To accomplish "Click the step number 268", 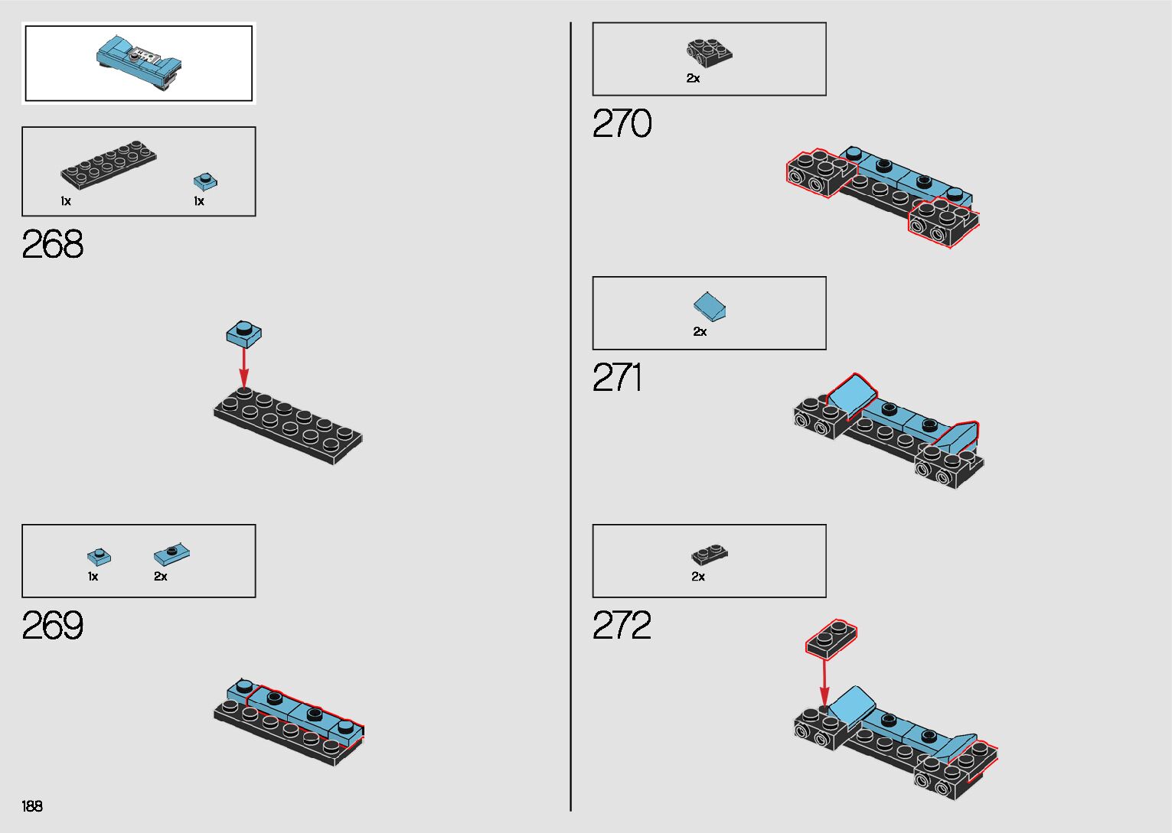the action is [52, 245].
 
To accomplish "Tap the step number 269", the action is [52, 626].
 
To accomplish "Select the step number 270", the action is [622, 124].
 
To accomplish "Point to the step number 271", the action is [617, 378].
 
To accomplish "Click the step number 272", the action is [622, 626].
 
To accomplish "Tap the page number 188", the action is [32, 806].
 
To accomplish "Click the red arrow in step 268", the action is [244, 367].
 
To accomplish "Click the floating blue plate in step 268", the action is [244, 333].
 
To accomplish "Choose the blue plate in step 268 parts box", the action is [205, 181].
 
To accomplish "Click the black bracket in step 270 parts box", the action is [709, 53].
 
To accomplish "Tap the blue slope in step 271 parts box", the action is [710, 306].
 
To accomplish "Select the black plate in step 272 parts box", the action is [710, 554].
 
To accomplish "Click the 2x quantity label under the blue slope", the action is [700, 332].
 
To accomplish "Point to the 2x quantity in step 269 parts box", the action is [161, 577].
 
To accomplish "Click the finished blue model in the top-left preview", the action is [139, 62].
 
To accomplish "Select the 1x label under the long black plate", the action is [66, 201].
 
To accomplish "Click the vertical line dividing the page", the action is [570, 417].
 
